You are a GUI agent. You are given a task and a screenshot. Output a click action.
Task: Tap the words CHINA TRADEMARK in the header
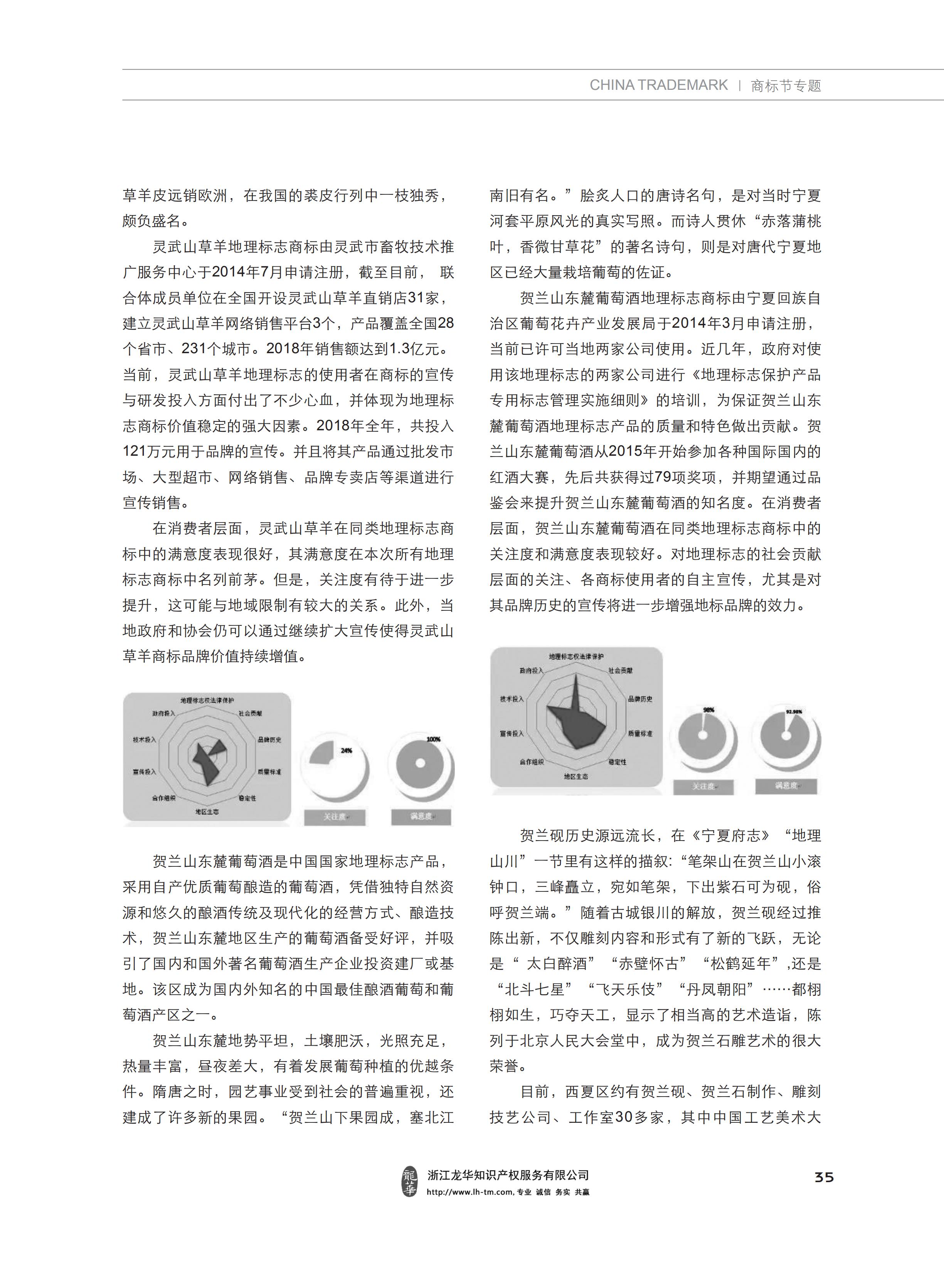tap(658, 85)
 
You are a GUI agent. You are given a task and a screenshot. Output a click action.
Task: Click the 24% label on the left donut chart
tap(346, 750)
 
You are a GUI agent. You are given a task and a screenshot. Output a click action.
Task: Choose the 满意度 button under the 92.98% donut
tap(787, 786)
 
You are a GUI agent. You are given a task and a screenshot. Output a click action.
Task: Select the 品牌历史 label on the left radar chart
tap(269, 740)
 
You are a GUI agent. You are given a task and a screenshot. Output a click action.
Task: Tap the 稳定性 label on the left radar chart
tap(247, 798)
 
